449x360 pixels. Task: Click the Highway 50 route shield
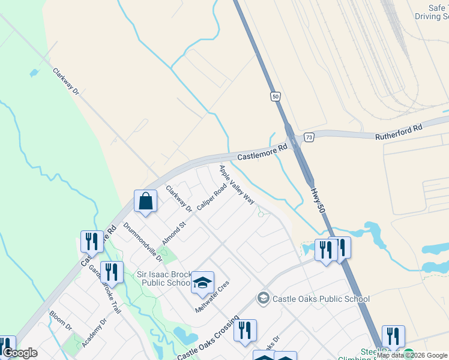click(x=275, y=96)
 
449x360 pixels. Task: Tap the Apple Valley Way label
click(x=237, y=184)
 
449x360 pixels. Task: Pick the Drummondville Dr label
click(x=142, y=242)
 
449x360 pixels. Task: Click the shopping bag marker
click(x=146, y=202)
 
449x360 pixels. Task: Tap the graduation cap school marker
click(x=203, y=282)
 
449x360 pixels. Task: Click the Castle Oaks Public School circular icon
click(x=262, y=298)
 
